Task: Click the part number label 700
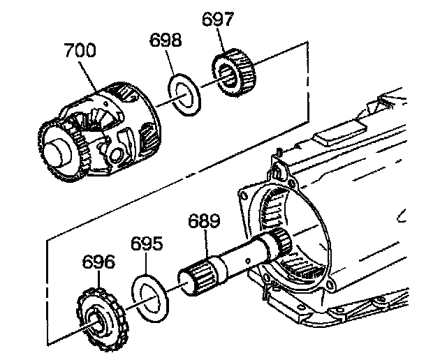coord(80,52)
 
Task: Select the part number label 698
coord(166,39)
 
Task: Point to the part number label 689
coord(203,223)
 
